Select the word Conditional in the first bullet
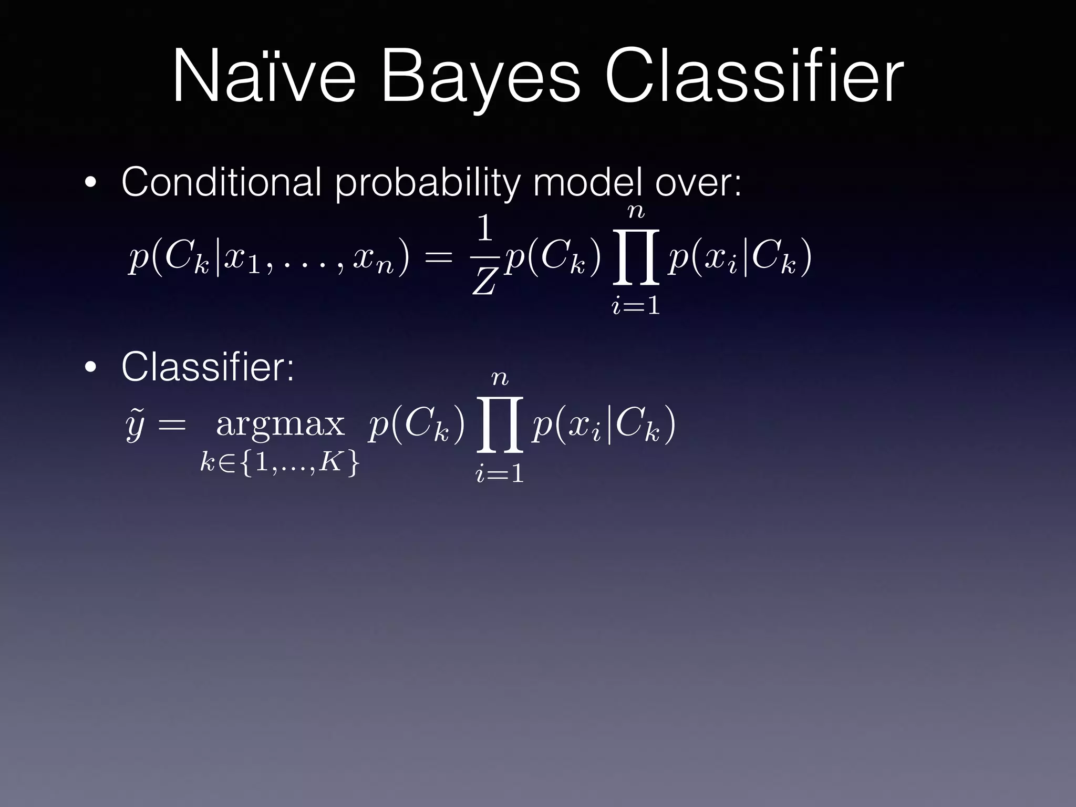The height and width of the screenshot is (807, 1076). point(221,182)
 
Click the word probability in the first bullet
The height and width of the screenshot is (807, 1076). point(426,184)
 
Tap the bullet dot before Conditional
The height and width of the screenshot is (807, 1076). point(91,184)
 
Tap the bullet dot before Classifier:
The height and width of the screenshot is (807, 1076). point(91,368)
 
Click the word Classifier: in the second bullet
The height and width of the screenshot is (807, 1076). point(208,367)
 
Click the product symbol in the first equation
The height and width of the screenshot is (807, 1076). point(636,257)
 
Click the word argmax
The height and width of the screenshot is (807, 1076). point(280,425)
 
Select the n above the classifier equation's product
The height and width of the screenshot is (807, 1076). point(500,378)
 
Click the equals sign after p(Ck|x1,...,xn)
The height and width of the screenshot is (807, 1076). point(437,257)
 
